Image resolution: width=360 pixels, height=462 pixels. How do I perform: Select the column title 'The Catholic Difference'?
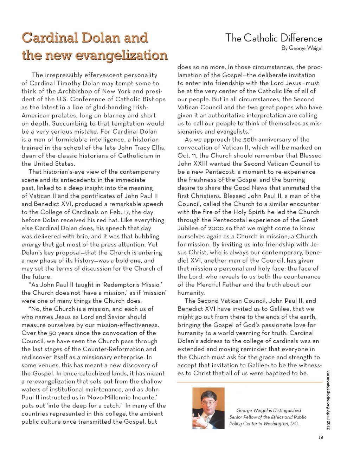(274, 38)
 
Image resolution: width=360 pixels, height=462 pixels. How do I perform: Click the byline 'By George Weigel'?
(302, 48)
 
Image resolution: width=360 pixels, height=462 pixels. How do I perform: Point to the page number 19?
(320, 437)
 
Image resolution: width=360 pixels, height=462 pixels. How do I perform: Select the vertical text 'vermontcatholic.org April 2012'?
(328, 400)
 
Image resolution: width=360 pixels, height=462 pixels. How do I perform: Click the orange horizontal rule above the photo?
(250, 382)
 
